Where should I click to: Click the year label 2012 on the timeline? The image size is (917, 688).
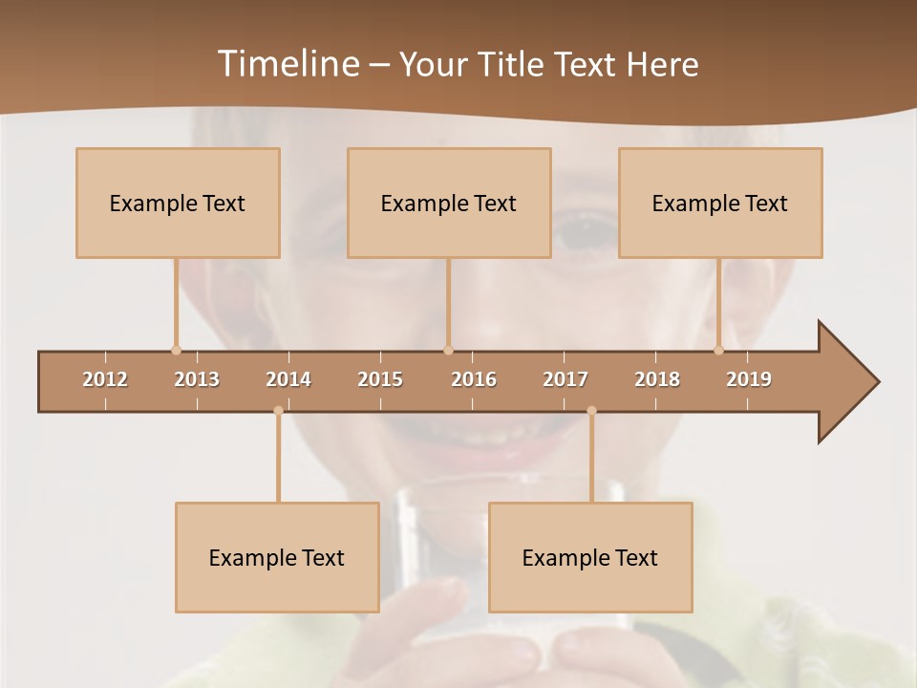pyautogui.click(x=105, y=379)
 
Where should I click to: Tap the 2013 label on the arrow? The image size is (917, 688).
pyautogui.click(x=197, y=379)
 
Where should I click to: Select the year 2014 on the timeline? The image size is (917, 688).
pyautogui.click(x=288, y=379)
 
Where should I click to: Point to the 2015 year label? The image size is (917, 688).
pyautogui.click(x=380, y=379)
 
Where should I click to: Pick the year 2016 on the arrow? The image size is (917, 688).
pyautogui.click(x=474, y=379)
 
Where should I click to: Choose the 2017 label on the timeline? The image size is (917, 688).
pyautogui.click(x=565, y=379)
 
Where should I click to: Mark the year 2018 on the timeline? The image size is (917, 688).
pyautogui.click(x=657, y=379)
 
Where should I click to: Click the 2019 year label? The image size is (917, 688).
pyautogui.click(x=749, y=379)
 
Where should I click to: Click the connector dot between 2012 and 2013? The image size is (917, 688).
pyautogui.click(x=176, y=350)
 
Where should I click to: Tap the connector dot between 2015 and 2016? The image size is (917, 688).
pyautogui.click(x=448, y=350)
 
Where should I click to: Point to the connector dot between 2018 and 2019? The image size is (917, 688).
pyautogui.click(x=719, y=350)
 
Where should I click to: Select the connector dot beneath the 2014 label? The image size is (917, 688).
pyautogui.click(x=278, y=411)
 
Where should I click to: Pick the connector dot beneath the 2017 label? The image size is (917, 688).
pyautogui.click(x=591, y=411)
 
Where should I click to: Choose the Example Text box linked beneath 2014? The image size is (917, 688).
pyautogui.click(x=277, y=558)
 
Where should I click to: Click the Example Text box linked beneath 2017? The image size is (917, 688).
pyautogui.click(x=590, y=558)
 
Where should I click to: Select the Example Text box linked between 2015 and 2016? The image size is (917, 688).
pyautogui.click(x=449, y=204)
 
